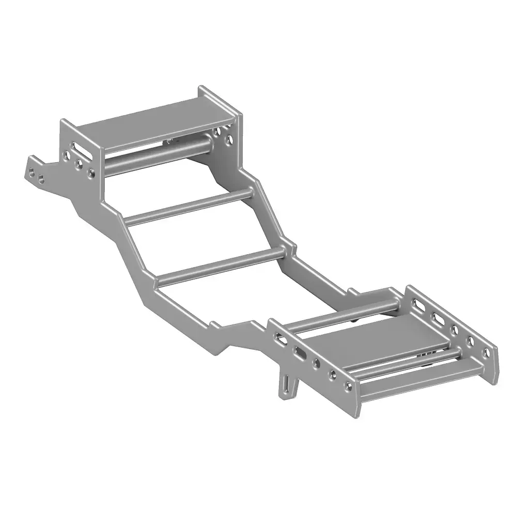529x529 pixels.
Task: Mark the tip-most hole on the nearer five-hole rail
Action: coord(349,384)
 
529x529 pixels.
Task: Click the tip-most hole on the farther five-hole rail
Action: coord(486,353)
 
